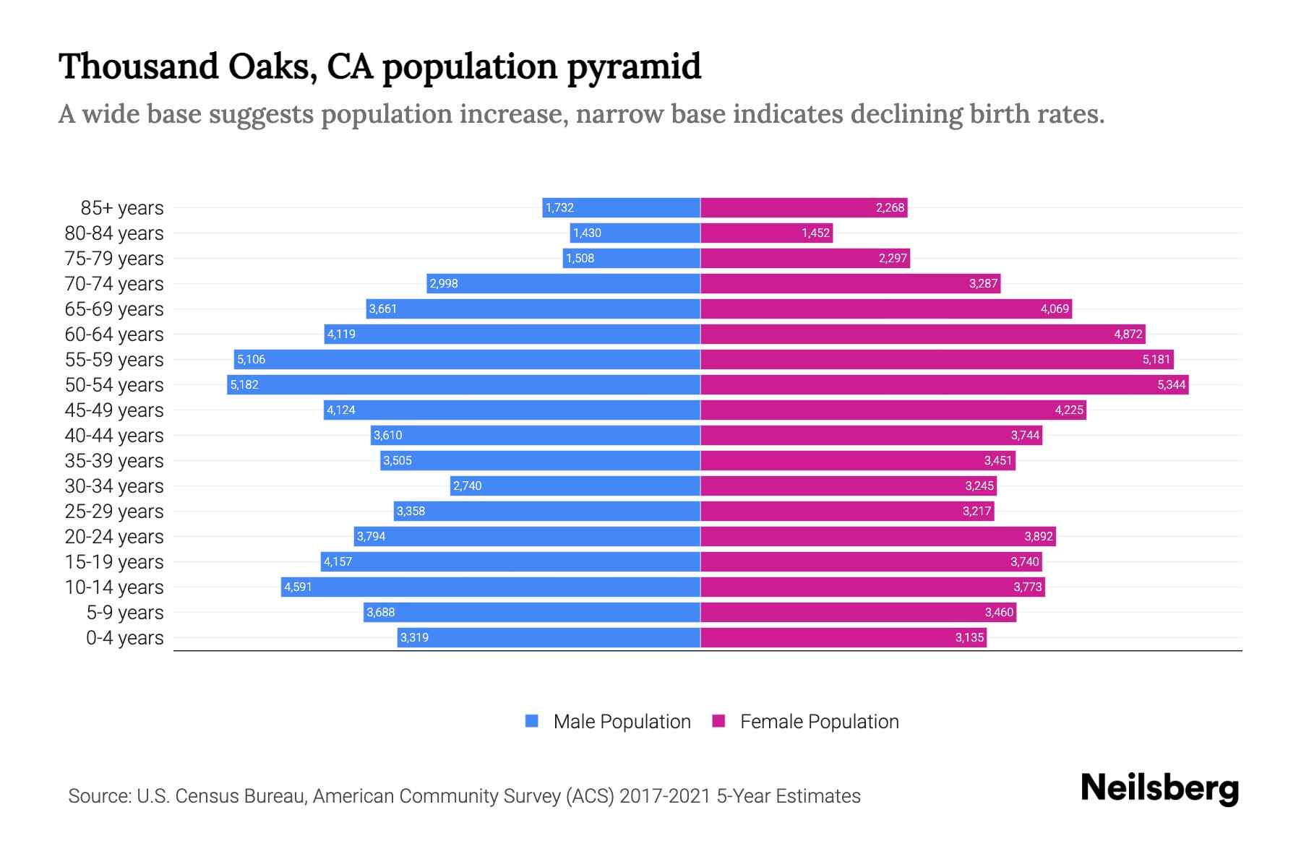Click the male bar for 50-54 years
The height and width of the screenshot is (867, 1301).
click(x=463, y=384)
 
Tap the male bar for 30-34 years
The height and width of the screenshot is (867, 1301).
click(x=575, y=486)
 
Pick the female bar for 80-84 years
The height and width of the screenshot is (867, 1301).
click(x=766, y=233)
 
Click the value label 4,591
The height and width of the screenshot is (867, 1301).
click(x=298, y=587)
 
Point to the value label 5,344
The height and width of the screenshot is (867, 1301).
click(x=1171, y=384)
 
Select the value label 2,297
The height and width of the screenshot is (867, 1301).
click(x=893, y=258)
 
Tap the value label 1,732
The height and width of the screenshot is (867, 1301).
click(x=559, y=207)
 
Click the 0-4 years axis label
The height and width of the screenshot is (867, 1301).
click(x=124, y=638)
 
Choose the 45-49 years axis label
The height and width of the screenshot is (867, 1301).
click(x=114, y=410)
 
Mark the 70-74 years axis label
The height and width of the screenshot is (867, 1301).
click(x=114, y=284)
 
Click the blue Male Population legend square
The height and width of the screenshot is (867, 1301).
click(x=532, y=721)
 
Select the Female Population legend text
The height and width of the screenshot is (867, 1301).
click(x=819, y=722)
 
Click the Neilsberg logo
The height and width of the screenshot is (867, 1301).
click(x=1159, y=788)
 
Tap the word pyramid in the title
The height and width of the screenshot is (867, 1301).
click(x=634, y=66)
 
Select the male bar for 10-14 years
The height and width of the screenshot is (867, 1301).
click(x=491, y=587)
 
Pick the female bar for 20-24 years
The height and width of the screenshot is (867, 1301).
click(x=878, y=536)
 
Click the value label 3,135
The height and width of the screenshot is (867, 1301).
click(x=969, y=637)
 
